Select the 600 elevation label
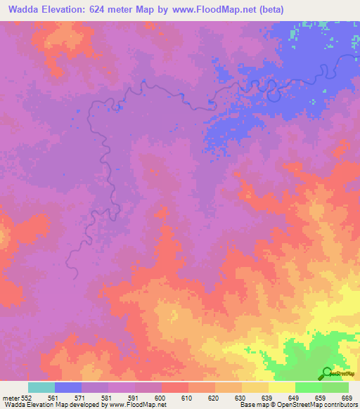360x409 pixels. pos(160,397)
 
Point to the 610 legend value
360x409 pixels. pos(188,397)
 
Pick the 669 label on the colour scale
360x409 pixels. pos(347,397)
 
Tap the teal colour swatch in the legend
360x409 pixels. pos(41,387)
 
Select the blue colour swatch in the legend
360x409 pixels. pos(68,387)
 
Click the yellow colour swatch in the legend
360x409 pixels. pos(281,387)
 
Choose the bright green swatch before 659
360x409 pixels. pos(308,387)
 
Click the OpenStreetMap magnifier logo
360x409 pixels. pos(327,372)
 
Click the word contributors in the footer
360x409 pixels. pos(337,405)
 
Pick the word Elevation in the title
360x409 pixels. pos(65,11)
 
